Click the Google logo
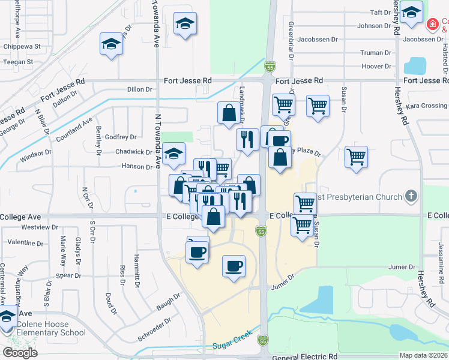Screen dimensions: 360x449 coord(20,353)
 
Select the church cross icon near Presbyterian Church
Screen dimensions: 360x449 coord(411,196)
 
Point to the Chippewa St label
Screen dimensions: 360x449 coord(21,46)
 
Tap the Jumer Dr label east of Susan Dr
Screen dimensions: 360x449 coord(402,267)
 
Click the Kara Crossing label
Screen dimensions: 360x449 coord(426,106)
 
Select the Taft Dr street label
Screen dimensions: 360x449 coord(381,13)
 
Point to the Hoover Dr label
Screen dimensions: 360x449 coord(376,66)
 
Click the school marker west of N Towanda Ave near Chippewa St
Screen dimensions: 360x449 coord(112,44)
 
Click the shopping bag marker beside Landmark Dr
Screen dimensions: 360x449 coord(229,112)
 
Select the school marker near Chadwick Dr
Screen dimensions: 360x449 coord(173,155)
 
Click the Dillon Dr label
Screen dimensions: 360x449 coord(140,89)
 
